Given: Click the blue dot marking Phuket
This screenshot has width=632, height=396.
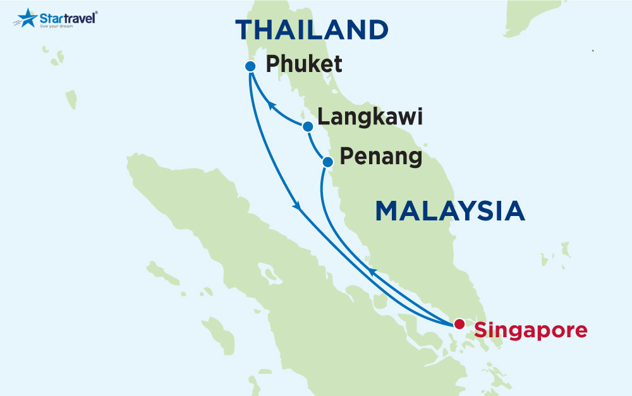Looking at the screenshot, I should point(250,66).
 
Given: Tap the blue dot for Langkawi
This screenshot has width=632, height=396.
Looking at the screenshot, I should point(308,127).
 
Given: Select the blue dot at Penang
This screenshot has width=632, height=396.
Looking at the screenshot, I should point(327,162).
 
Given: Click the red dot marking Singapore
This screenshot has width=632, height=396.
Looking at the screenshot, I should point(459,324).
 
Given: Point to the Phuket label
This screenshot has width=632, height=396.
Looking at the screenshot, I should point(304,64).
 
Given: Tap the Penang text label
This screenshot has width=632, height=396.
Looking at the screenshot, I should point(381,156).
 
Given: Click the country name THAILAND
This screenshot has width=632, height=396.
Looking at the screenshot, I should point(312,30).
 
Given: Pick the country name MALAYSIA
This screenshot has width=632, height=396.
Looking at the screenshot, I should point(450,211).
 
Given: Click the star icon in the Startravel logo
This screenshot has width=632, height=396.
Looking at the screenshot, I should point(27,18).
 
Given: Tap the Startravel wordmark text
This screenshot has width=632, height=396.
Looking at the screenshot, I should point(68,17).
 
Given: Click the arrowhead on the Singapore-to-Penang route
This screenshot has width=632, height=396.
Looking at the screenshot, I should point(373,272).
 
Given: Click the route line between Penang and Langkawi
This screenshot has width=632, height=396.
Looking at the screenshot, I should point(315,146).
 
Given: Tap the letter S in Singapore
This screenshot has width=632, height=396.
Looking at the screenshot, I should point(481,329).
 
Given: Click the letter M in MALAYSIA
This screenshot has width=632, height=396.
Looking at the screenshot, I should point(387,211).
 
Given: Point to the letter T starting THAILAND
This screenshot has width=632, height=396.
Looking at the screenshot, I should point(245,30).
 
